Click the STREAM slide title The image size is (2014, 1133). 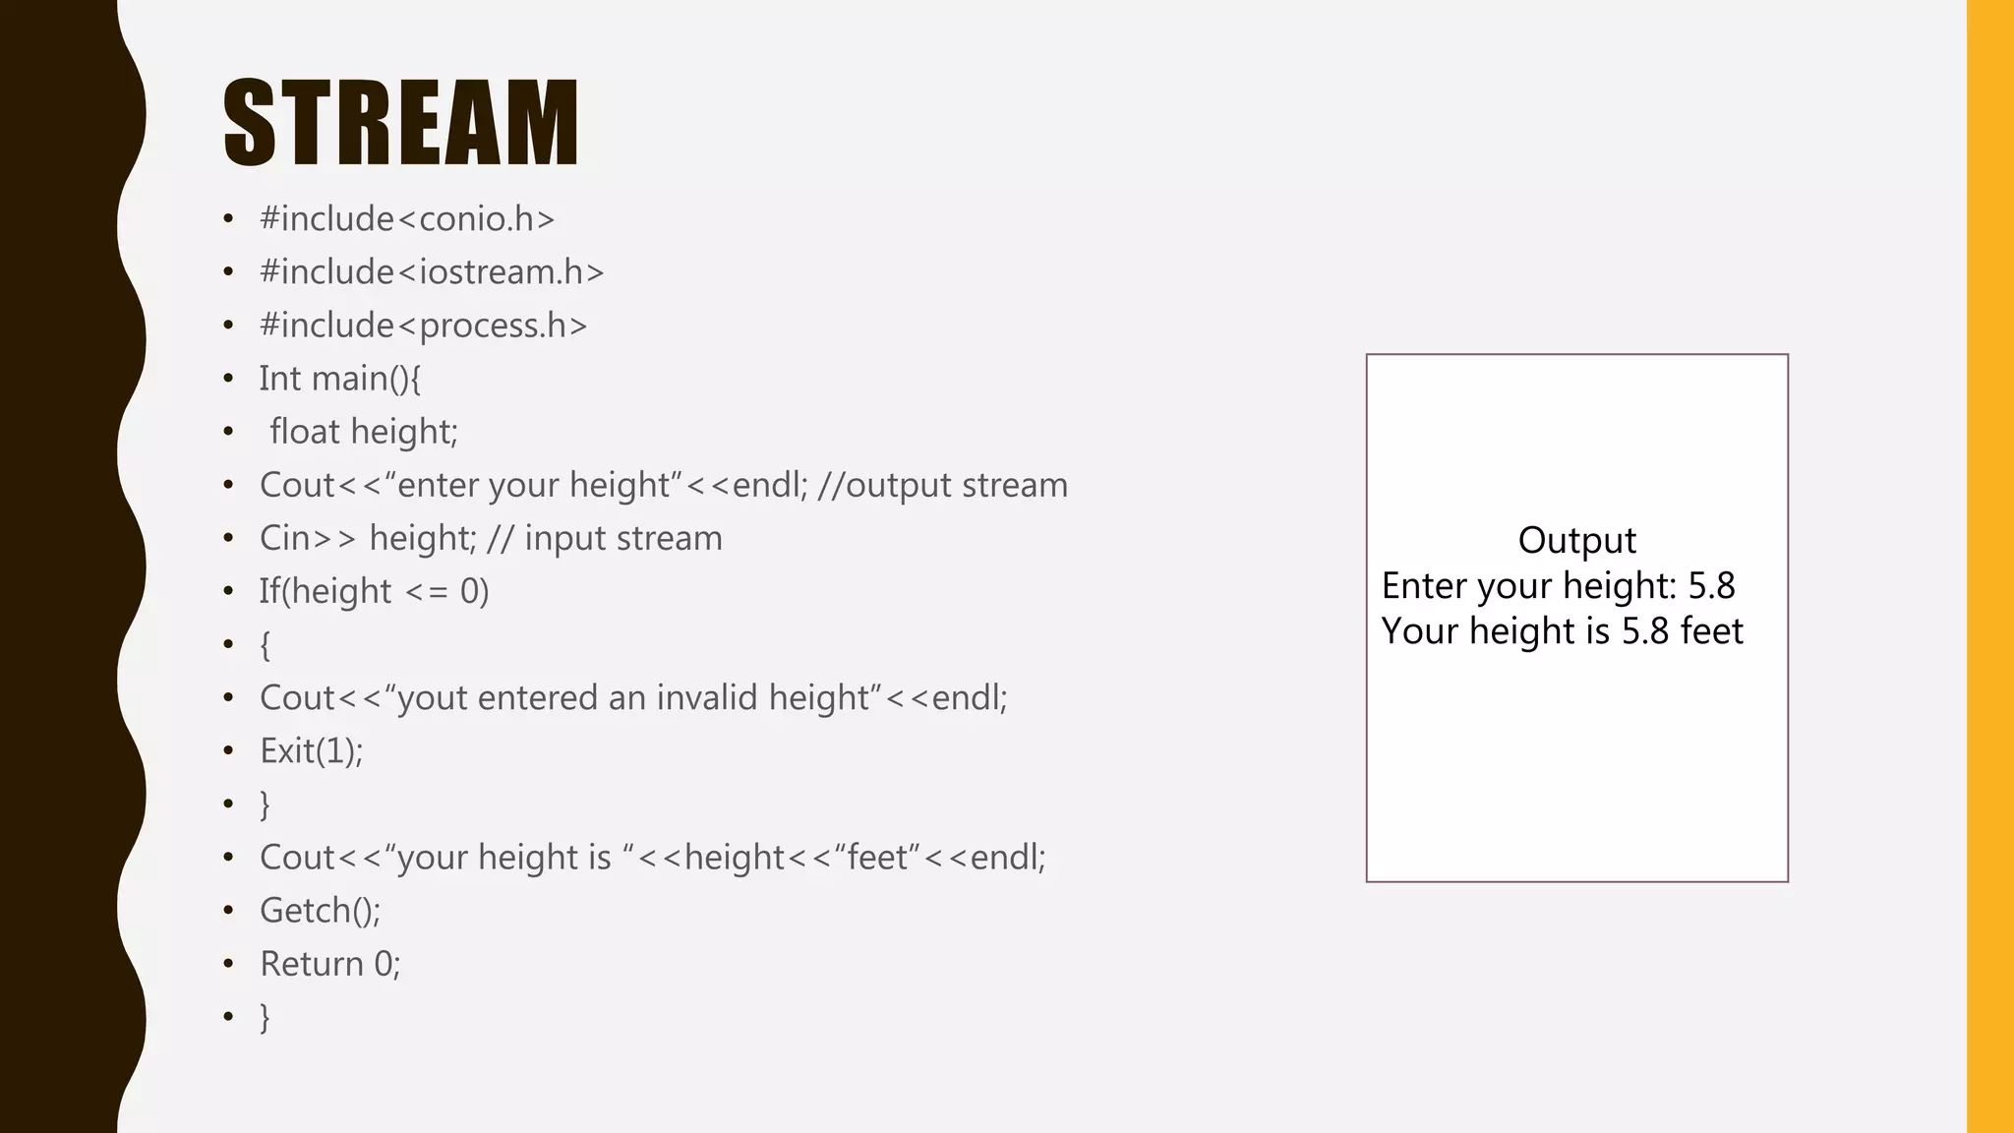401,123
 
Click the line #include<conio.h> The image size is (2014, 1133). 407,218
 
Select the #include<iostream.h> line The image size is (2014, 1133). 432,271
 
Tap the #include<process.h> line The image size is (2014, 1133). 423,325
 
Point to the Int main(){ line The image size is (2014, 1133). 340,379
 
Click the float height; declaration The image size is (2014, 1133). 364,432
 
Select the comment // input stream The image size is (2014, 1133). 605,538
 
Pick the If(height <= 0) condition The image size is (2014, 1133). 374,591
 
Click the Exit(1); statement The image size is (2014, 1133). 312,751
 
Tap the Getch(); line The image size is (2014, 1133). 320,911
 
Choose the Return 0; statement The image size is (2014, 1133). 330,964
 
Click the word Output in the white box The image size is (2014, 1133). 1576,540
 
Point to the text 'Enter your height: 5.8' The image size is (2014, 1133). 1558,586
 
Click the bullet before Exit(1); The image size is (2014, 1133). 228,751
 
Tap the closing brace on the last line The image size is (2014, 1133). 265,1017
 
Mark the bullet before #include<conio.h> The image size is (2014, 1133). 228,218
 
